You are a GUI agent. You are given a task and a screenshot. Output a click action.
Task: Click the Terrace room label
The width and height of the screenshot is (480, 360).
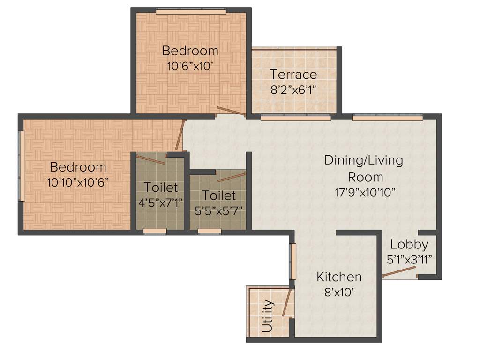[293, 74]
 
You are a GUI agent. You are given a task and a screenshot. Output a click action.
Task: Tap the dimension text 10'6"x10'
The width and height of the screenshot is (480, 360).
[190, 66]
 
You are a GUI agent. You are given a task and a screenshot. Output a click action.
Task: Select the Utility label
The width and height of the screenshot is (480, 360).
[267, 316]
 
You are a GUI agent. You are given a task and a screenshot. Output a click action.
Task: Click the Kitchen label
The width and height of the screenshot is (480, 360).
[339, 277]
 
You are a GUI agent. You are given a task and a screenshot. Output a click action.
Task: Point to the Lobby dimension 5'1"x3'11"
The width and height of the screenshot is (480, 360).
[409, 259]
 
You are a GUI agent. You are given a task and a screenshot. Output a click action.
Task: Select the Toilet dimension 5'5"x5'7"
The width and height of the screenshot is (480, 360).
[219, 209]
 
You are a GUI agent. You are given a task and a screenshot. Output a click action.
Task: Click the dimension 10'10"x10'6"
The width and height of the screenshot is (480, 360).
[78, 182]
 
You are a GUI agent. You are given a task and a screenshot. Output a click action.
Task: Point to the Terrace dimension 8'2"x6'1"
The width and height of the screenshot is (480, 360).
[293, 89]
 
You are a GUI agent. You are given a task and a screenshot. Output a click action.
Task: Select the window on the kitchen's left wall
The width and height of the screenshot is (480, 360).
[293, 261]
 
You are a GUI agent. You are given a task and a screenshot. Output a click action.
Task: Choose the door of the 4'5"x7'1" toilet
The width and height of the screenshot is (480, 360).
[150, 159]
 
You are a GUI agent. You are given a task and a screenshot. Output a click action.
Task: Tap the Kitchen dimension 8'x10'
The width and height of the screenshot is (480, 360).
[339, 292]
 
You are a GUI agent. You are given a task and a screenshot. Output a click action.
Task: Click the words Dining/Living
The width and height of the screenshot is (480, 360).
[363, 160]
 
